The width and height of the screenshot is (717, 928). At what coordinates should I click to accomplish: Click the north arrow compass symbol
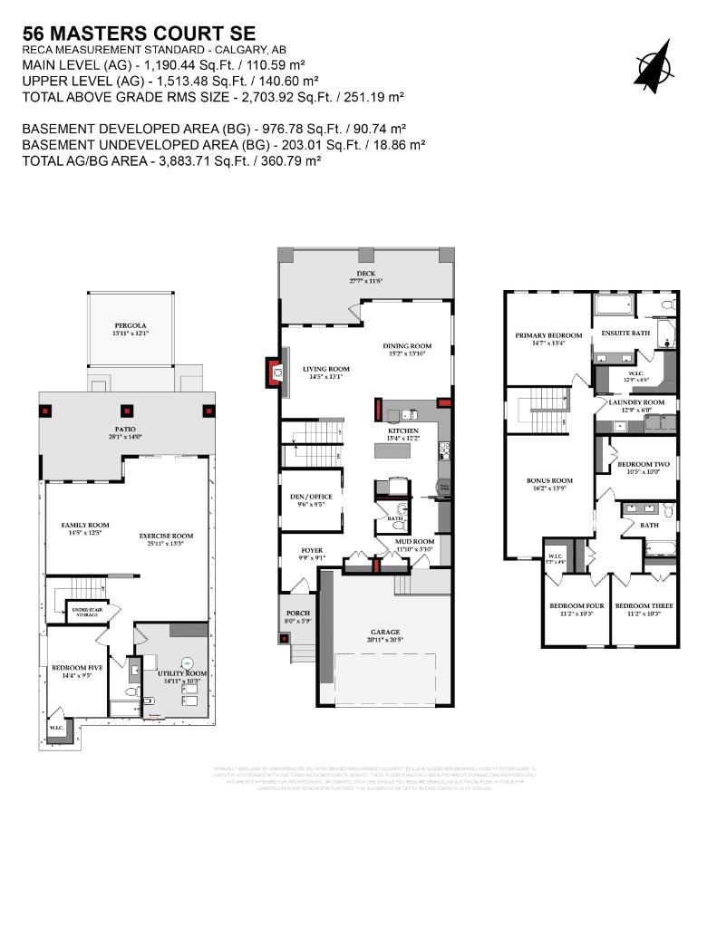(654, 66)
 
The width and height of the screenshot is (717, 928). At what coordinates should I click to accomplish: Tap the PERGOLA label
(131, 325)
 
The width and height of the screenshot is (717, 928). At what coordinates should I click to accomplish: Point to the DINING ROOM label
(406, 345)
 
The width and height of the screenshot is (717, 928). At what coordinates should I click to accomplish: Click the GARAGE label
(384, 632)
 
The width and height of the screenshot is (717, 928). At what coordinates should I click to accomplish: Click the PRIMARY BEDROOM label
(548, 335)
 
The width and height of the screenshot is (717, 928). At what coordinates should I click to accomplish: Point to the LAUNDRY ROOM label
(636, 401)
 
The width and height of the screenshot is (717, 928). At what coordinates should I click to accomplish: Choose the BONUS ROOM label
(549, 480)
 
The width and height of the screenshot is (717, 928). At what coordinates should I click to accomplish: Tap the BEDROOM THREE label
(644, 605)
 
